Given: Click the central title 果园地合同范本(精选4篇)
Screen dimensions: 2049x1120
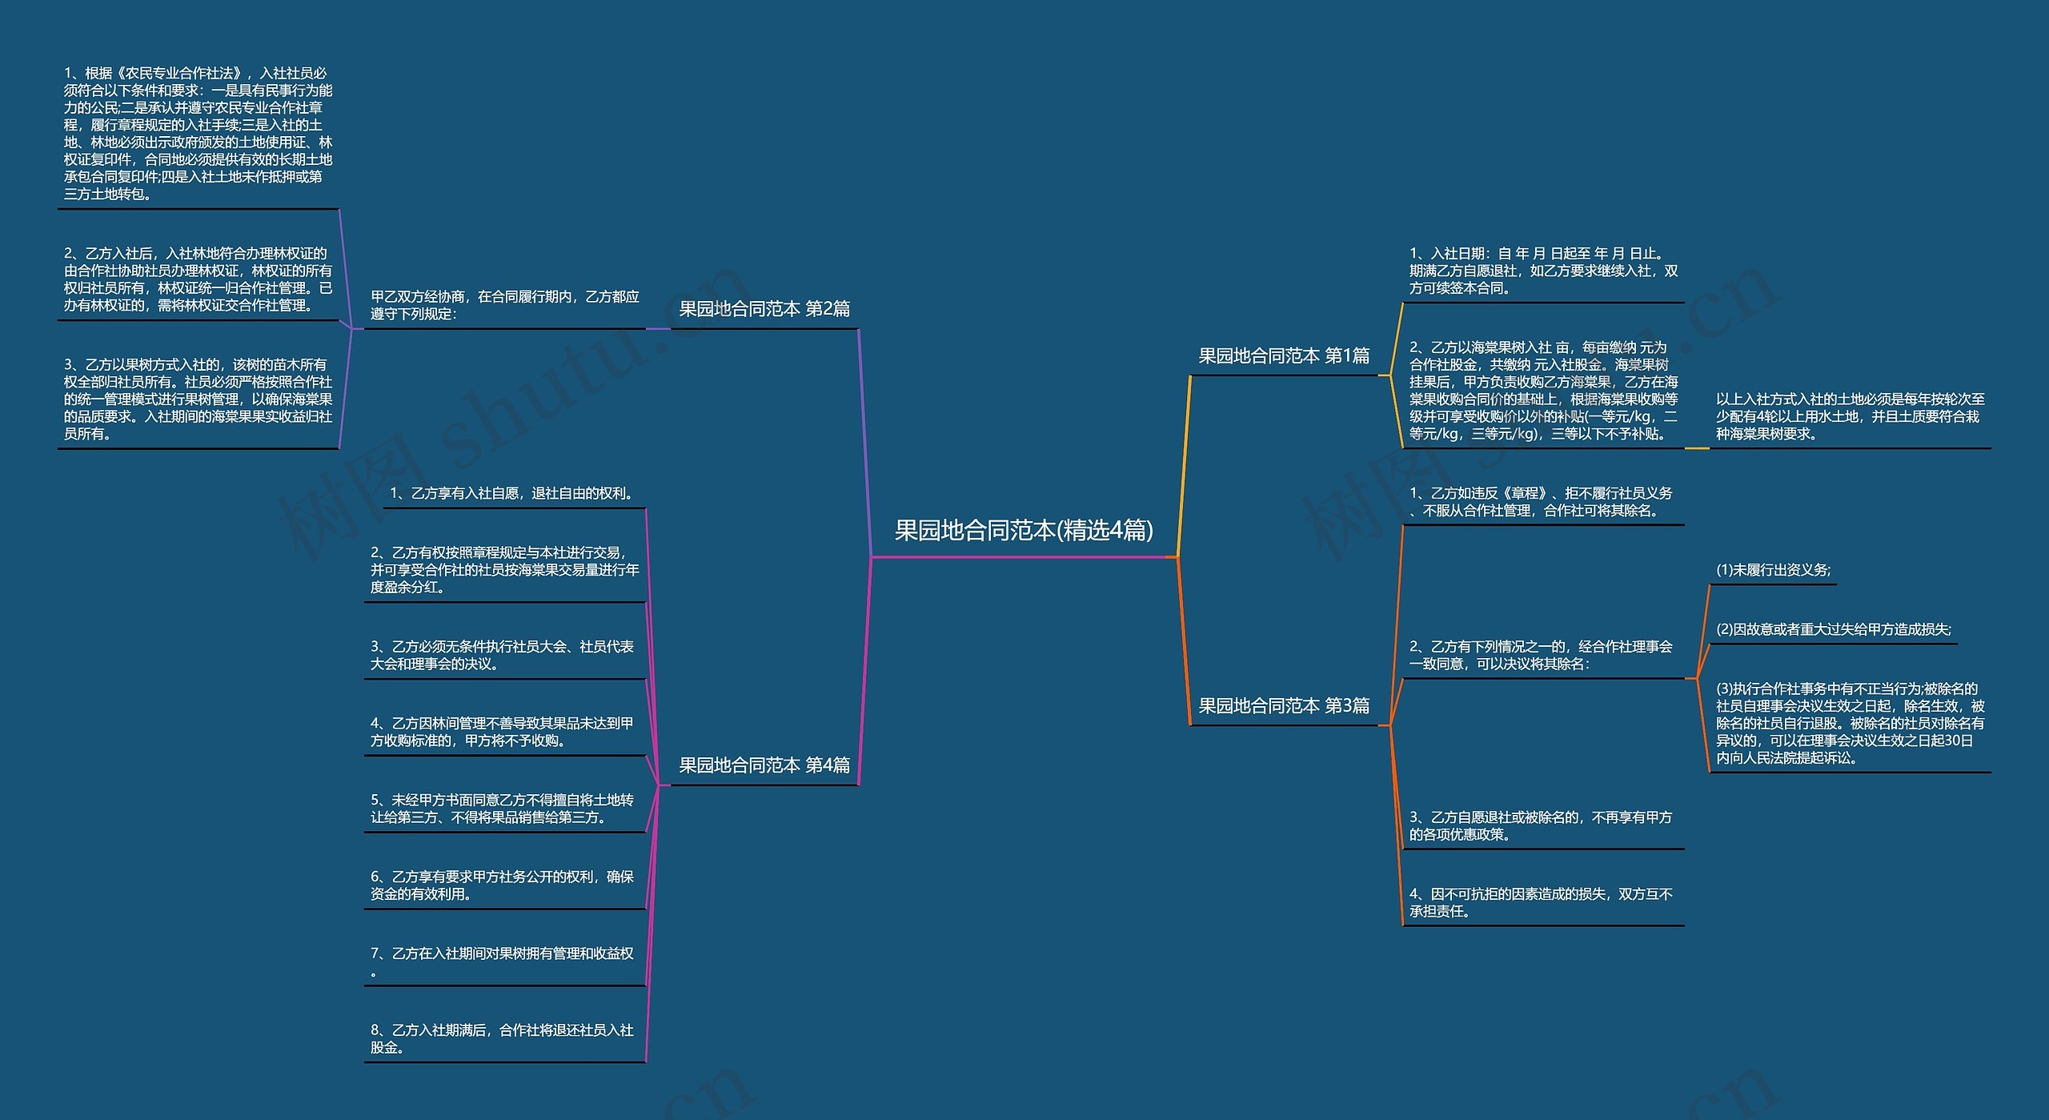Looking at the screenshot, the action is tap(1023, 530).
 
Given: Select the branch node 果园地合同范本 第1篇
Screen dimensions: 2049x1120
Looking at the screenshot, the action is tap(1283, 356).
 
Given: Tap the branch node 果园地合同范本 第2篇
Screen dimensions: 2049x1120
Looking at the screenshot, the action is tap(764, 309).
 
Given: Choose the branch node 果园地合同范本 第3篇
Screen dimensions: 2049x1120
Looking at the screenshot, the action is tap(1283, 705).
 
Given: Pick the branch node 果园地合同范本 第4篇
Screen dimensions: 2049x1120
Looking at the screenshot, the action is tap(764, 765).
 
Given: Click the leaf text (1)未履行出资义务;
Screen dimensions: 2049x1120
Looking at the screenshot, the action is tap(1773, 570).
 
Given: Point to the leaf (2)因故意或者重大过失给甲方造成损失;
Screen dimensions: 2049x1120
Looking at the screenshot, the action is tap(1833, 629).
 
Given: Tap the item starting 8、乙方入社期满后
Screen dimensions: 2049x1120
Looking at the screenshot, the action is tap(502, 1038).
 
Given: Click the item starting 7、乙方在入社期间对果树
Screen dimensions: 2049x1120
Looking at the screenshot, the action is tap(502, 961).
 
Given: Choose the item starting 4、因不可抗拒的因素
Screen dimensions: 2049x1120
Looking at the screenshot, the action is tap(1541, 902).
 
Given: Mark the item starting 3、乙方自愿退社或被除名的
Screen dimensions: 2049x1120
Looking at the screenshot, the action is tap(1541, 825).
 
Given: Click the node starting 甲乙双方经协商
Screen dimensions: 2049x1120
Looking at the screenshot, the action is tap(504, 305).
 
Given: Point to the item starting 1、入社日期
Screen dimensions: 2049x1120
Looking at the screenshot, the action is tap(1543, 271).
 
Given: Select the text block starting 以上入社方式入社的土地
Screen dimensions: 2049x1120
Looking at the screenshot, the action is tap(1849, 416).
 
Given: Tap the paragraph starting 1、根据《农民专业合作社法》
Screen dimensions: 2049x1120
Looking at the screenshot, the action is tap(198, 134).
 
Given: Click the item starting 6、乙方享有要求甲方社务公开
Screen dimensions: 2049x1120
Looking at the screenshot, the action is tap(502, 885).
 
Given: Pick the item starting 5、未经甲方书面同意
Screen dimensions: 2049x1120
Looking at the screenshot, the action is tap(502, 808).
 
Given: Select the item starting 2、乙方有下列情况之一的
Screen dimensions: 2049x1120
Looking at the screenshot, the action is tap(1541, 655).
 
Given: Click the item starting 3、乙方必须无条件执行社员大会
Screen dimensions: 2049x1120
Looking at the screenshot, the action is tap(502, 655).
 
